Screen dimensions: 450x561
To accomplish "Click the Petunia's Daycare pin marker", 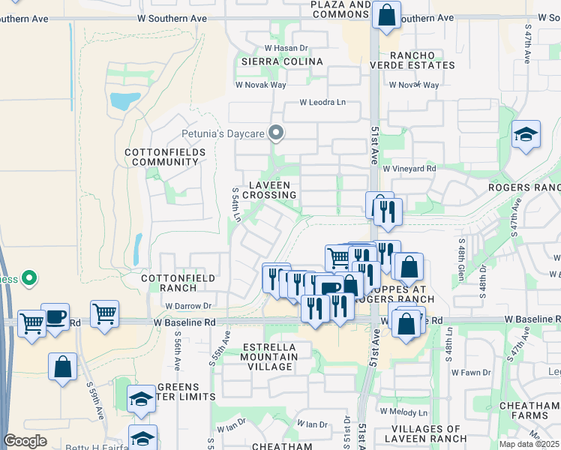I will pyautogui.click(x=276, y=134).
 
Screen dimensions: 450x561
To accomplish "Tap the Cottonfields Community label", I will pyautogui.click(x=161, y=157).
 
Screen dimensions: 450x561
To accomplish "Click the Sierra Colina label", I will pyautogui.click(x=281, y=61).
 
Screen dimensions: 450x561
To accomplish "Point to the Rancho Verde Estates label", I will pyautogui.click(x=421, y=60).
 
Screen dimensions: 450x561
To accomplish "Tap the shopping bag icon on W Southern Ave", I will pyautogui.click(x=385, y=15).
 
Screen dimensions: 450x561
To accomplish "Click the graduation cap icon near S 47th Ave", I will pyautogui.click(x=526, y=136).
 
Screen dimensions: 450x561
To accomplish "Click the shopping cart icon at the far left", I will pyautogui.click(x=31, y=323).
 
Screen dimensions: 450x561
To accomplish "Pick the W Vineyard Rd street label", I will pyautogui.click(x=409, y=169).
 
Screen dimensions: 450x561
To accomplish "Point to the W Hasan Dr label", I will pyautogui.click(x=288, y=47).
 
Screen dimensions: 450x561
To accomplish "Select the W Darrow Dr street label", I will pyautogui.click(x=187, y=306).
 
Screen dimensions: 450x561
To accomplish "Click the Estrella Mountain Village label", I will pyautogui.click(x=270, y=356).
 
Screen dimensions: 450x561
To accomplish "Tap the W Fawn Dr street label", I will pyautogui.click(x=471, y=372).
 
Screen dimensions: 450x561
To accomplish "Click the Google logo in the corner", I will pyautogui.click(x=25, y=441).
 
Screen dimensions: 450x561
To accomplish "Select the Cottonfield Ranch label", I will pyautogui.click(x=178, y=283).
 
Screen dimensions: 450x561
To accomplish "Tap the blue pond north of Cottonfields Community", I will pyautogui.click(x=124, y=100).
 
